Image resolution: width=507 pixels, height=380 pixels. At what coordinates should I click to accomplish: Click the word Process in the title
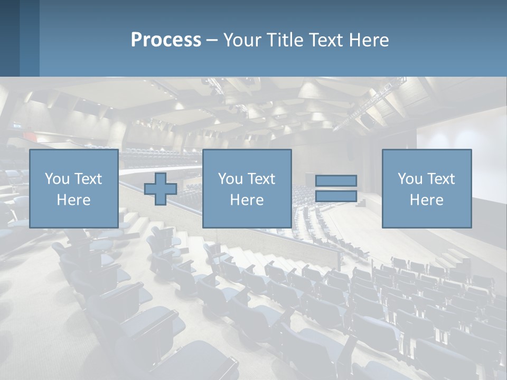click(166, 40)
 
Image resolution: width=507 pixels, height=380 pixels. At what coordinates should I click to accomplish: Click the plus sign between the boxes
click(161, 188)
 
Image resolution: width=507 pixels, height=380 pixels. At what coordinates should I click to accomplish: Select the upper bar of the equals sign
click(336, 180)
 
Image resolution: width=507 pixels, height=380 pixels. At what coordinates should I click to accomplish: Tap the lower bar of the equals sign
click(336, 196)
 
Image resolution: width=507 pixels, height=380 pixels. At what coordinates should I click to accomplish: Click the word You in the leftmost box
click(57, 179)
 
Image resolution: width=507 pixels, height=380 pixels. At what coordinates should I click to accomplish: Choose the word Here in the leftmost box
click(73, 200)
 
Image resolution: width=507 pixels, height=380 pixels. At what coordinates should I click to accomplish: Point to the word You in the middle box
click(230, 179)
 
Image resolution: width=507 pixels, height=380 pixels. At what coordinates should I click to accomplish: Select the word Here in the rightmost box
click(426, 200)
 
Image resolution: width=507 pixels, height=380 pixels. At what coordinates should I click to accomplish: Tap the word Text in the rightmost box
click(441, 179)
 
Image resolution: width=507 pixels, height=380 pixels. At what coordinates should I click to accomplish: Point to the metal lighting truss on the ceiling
click(370, 106)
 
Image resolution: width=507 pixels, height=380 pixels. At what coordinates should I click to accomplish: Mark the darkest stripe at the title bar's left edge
click(10, 38)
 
